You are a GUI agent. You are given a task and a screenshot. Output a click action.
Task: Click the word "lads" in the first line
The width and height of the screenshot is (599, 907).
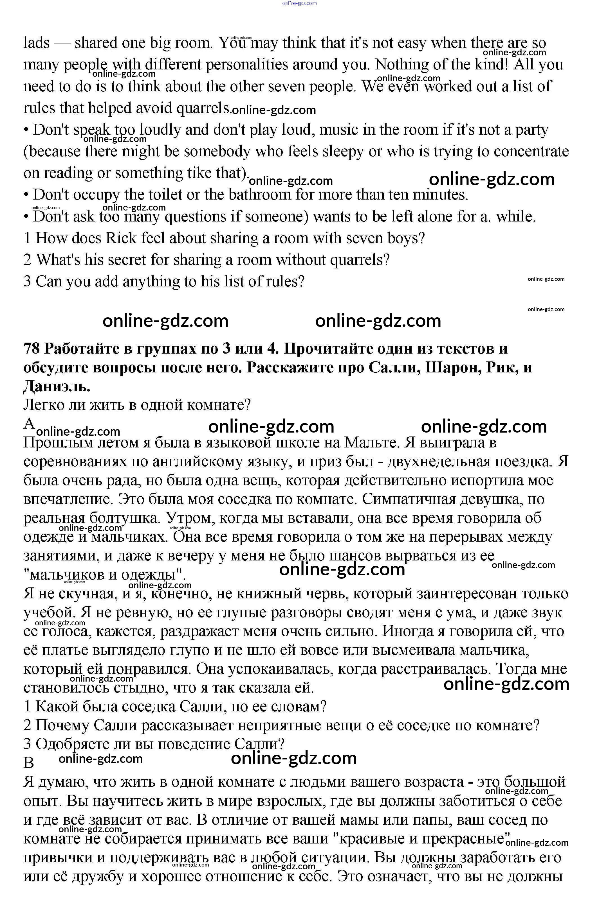(37, 43)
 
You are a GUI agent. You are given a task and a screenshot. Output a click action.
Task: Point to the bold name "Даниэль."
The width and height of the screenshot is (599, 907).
(57, 386)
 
